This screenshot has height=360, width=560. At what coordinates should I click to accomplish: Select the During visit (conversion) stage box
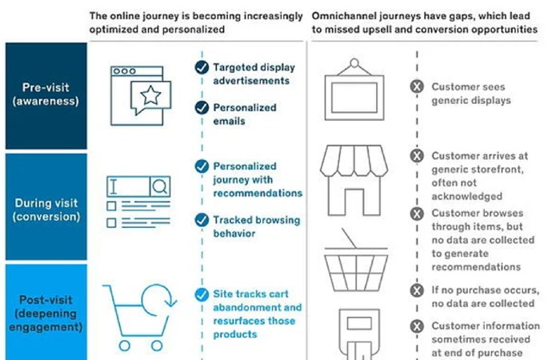(x=45, y=208)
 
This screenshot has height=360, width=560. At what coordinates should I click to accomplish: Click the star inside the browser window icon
(x=150, y=98)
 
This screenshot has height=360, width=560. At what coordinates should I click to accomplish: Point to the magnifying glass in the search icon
(x=159, y=187)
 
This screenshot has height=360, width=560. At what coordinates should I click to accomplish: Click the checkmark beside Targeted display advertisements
(x=201, y=68)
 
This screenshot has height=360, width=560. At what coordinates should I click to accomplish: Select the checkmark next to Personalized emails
(x=201, y=108)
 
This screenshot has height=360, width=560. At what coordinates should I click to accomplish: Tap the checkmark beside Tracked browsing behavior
(x=201, y=220)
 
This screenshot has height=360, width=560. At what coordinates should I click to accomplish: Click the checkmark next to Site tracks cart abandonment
(x=201, y=294)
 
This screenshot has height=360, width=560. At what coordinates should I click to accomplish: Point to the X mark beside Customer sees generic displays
(x=416, y=87)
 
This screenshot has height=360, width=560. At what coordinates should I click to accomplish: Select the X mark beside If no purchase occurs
(x=416, y=290)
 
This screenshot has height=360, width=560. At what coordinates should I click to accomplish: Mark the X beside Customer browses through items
(x=416, y=214)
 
